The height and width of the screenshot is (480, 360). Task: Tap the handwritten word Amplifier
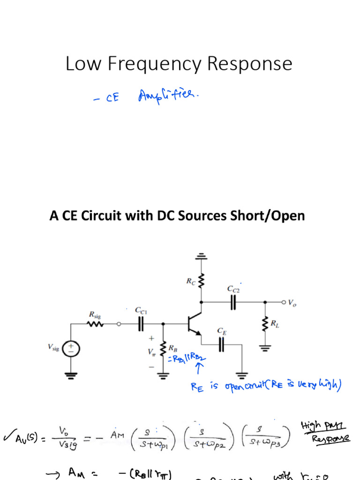(x=169, y=97)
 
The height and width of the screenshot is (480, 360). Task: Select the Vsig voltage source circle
(x=71, y=348)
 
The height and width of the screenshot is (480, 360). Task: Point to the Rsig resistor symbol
(x=95, y=324)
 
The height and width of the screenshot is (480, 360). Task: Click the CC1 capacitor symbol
(x=140, y=323)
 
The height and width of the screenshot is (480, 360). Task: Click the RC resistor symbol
(x=201, y=281)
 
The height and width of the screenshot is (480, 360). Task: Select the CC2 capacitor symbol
(x=233, y=302)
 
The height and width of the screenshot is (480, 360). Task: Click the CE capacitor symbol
(x=222, y=345)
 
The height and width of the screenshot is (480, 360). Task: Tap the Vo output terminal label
(x=292, y=303)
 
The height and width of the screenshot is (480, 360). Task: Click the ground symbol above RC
(x=201, y=256)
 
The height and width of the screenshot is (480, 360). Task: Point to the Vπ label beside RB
(x=151, y=352)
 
